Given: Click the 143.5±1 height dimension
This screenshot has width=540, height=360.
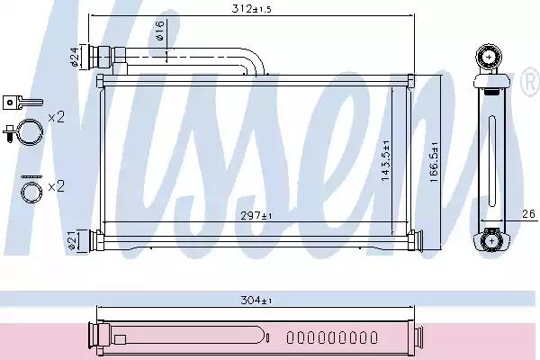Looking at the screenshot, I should pos(386,160).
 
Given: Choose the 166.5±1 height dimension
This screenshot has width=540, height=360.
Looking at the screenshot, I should pos(436,160).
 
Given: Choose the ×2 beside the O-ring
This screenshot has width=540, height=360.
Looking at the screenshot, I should pos(56,187).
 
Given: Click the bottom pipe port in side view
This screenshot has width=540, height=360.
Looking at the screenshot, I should pos(491,239).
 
